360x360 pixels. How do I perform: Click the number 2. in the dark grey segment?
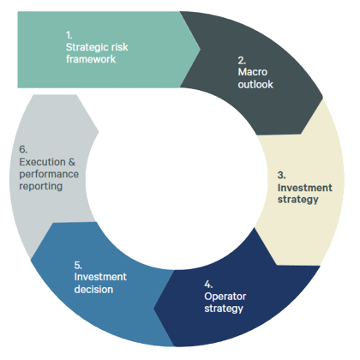pyautogui.click(x=242, y=61)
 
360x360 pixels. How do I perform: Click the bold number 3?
pyautogui.click(x=281, y=175)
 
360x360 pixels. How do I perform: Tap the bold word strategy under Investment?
pyautogui.click(x=297, y=200)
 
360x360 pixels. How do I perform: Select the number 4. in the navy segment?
pyautogui.click(x=207, y=282)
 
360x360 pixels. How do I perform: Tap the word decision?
pyautogui.click(x=94, y=289)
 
